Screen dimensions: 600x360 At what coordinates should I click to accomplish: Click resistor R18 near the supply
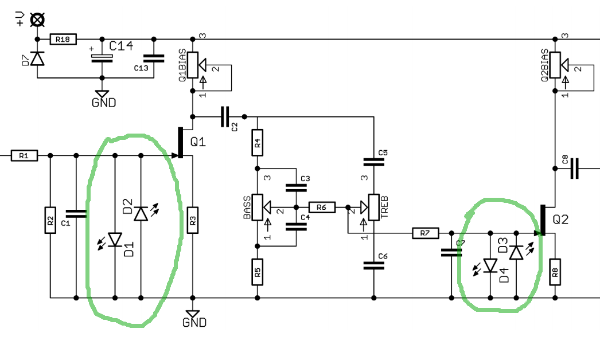[63, 39]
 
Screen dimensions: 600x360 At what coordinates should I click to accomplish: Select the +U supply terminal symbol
[37, 19]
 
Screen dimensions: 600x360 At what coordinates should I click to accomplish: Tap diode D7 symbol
[37, 58]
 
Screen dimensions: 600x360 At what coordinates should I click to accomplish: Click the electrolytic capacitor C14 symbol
[102, 58]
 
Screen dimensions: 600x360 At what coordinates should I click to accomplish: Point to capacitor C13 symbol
[154, 58]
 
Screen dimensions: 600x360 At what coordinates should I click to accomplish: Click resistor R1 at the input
[24, 156]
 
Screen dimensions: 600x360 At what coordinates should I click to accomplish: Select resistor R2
[50, 220]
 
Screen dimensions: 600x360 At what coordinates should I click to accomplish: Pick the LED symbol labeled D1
[115, 240]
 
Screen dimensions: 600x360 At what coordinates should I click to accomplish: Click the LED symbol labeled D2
[141, 214]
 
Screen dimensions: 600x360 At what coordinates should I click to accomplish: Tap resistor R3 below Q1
[193, 220]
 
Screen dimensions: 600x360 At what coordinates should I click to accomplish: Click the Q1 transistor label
[198, 142]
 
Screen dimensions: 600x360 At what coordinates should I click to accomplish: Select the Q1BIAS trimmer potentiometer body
[193, 65]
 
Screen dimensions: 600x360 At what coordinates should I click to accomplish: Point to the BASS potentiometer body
[258, 208]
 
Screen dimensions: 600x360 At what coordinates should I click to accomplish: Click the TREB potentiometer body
[374, 208]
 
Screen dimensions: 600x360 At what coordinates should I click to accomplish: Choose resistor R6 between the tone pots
[321, 208]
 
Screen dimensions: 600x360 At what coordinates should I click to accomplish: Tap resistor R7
[425, 233]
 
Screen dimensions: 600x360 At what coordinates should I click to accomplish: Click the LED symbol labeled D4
[490, 266]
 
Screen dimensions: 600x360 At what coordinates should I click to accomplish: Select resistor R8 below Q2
[555, 272]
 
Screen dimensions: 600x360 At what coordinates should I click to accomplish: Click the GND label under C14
[104, 103]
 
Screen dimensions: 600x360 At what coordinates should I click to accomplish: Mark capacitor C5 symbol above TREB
[374, 162]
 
